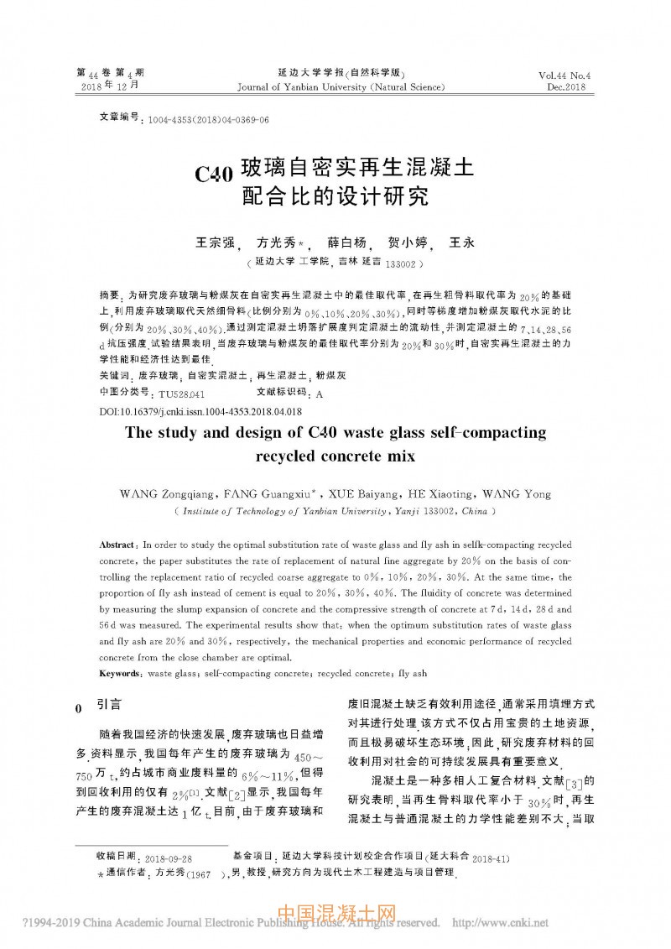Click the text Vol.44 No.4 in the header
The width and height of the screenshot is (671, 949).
[565, 75]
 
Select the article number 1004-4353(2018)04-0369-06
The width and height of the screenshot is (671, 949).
[208, 120]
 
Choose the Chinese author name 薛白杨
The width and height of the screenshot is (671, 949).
[347, 243]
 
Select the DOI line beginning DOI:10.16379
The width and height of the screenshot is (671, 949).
[200, 412]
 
